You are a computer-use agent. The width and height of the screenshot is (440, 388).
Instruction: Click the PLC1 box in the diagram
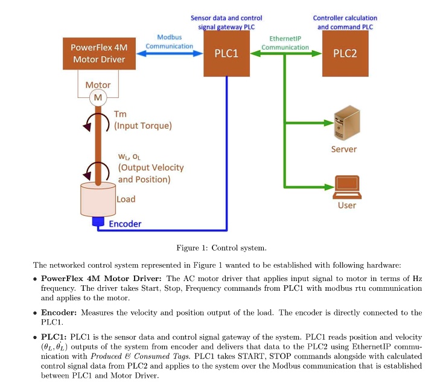(226, 54)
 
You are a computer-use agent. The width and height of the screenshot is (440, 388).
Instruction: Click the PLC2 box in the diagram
(345, 54)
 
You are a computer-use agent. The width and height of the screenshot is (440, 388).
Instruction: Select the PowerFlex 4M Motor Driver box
(98, 53)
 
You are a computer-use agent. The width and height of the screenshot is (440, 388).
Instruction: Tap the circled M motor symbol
(97, 97)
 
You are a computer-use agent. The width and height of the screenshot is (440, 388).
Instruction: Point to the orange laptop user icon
(346, 187)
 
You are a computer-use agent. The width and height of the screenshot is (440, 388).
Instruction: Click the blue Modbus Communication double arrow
(169, 54)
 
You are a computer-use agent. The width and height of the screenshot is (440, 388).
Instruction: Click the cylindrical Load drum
(97, 199)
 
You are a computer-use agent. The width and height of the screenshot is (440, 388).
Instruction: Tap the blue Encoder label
(125, 224)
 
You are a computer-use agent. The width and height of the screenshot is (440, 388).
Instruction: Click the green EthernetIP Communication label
(285, 43)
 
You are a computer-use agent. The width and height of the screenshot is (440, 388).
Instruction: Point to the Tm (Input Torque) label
(142, 120)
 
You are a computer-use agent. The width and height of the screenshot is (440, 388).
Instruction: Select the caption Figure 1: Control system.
(221, 248)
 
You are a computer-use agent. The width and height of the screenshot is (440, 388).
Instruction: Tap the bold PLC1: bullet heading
(54, 335)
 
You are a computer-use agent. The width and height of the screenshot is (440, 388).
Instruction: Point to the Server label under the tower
(344, 149)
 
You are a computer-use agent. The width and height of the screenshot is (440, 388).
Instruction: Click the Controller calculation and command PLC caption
(345, 22)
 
